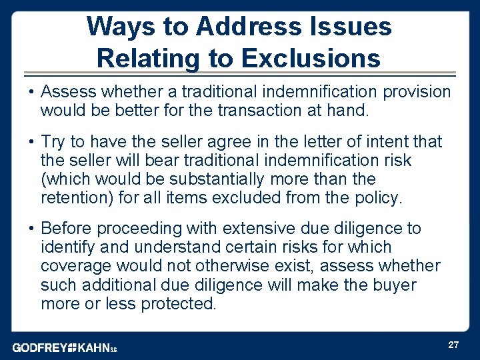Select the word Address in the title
234,27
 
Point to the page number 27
453,345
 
